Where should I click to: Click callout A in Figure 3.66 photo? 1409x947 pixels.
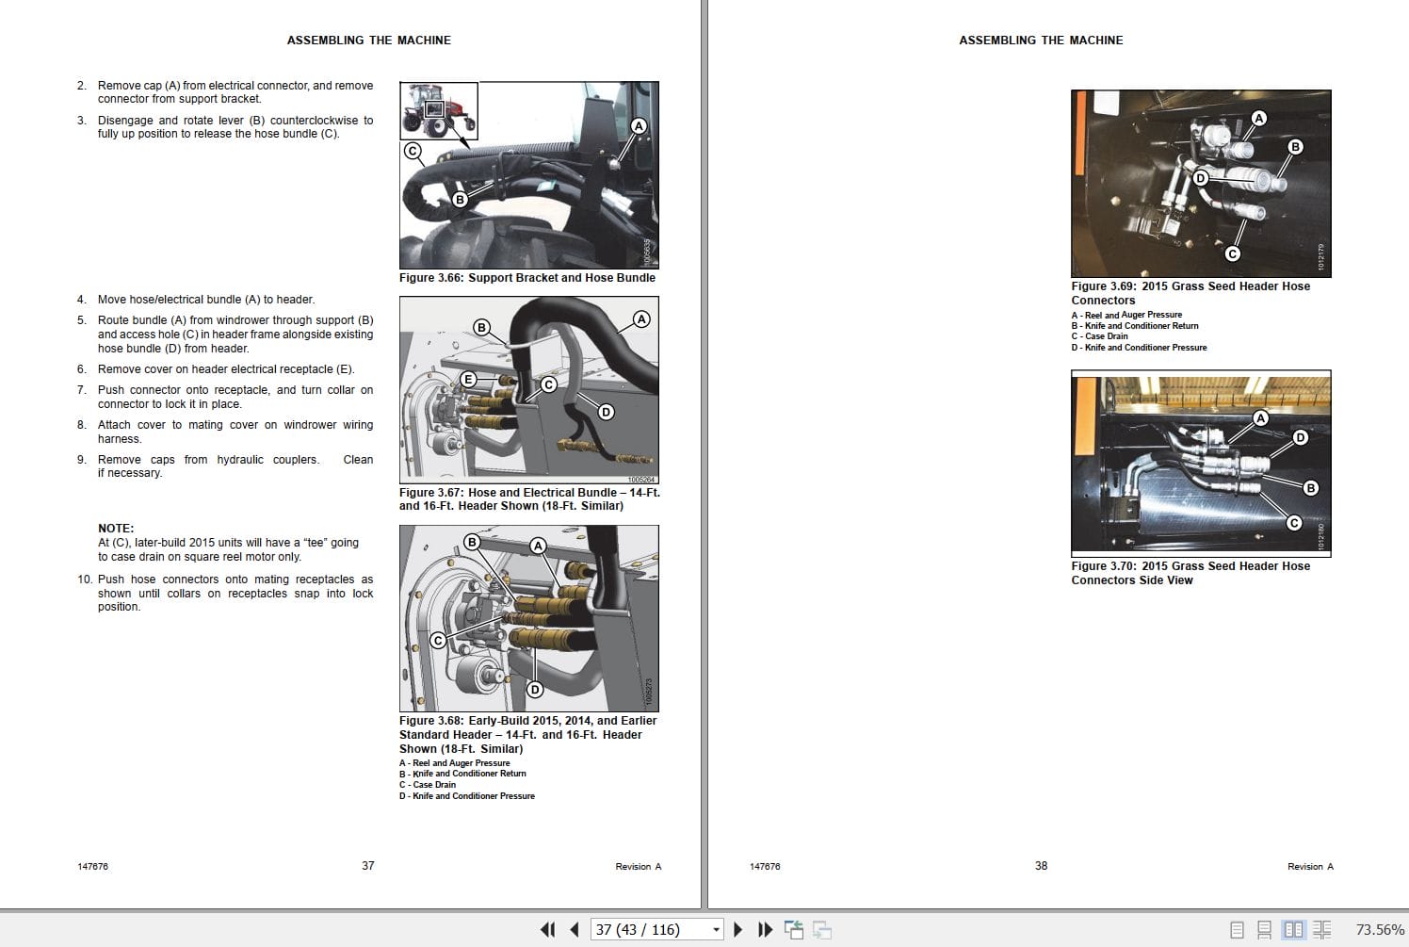[x=639, y=126]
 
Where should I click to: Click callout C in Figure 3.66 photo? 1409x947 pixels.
[x=412, y=151]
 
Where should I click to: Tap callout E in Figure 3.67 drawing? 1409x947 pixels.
[x=468, y=380]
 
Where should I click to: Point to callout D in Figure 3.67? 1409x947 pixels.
[x=606, y=412]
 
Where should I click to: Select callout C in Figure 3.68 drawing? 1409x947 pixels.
[x=438, y=640]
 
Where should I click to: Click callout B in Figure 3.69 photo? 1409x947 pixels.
[x=1295, y=147]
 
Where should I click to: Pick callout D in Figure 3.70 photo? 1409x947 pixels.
[x=1301, y=437]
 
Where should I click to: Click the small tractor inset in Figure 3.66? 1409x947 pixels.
[x=439, y=110]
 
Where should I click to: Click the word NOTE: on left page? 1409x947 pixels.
[x=116, y=529]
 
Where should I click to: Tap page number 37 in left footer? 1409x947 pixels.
[x=368, y=866]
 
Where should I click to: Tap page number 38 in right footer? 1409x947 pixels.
[x=1041, y=866]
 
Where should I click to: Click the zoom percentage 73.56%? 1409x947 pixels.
[x=1380, y=930]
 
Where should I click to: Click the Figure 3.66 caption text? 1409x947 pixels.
[x=526, y=278]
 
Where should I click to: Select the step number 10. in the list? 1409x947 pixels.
[x=85, y=580]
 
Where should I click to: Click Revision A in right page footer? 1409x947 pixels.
[x=1310, y=867]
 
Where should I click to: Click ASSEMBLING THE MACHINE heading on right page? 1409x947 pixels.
[x=1041, y=41]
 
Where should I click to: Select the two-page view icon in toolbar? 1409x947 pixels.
[x=1294, y=930]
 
